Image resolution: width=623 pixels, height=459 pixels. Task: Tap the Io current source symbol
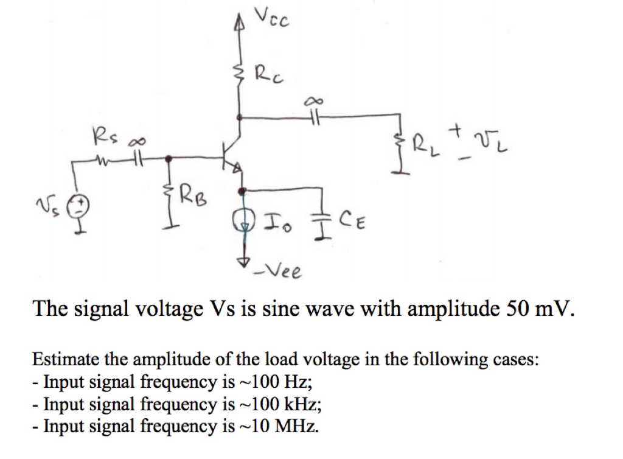[x=243, y=220]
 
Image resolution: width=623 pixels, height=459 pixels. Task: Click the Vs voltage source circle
[x=80, y=205]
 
